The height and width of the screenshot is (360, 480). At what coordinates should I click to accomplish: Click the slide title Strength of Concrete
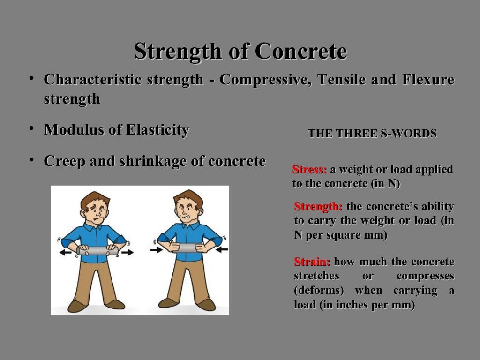tap(240, 52)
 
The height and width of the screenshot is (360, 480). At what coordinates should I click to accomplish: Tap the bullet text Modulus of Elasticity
tap(116, 130)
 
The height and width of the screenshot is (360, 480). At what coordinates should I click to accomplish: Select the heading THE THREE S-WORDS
tap(372, 134)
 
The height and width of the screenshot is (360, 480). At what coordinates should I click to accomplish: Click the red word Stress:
tap(309, 170)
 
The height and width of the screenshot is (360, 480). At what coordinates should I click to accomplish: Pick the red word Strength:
tap(318, 207)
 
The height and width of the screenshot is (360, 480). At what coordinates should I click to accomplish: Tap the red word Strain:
tap(312, 262)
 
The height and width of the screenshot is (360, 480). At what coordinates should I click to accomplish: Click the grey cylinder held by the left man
tap(97, 251)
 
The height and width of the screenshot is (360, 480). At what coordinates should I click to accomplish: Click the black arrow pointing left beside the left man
tap(66, 252)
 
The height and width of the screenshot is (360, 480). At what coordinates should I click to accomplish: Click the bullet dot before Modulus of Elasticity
tap(30, 128)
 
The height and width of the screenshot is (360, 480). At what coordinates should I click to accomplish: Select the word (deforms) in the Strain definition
tap(319, 291)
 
